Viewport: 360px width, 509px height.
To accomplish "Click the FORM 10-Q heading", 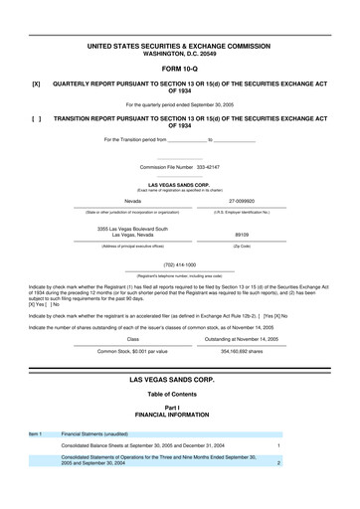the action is [180, 69].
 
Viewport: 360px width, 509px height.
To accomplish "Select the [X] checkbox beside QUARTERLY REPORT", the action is [36, 84].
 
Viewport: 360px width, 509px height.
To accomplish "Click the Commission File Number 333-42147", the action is [180, 167].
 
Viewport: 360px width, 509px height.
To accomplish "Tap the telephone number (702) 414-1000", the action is [180, 264].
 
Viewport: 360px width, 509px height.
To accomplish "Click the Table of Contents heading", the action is [180, 395].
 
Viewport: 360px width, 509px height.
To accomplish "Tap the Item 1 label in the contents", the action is [35, 434].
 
